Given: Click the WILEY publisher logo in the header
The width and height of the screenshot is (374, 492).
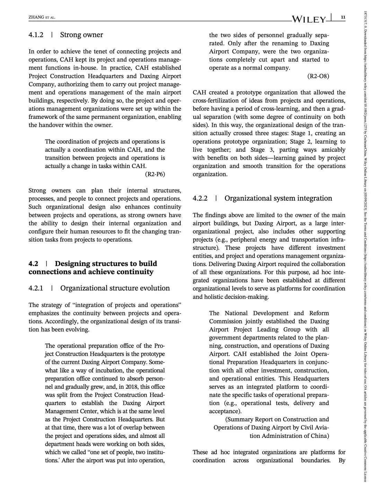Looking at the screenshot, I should [309, 19].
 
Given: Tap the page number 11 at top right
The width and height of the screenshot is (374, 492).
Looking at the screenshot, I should [343, 17].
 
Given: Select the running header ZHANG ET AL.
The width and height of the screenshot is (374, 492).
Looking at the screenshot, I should [42, 17].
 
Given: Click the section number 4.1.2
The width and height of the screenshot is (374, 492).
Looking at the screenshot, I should [36, 35].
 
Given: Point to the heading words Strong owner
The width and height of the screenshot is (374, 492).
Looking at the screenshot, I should [81, 35].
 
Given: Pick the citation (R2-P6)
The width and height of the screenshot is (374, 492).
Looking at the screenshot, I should [155, 174].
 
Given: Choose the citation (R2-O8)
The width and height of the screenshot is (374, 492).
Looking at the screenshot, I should [318, 76].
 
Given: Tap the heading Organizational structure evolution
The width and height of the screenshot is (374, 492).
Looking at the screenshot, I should [115, 288].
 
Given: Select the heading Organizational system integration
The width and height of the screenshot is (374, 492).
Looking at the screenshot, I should [278, 199].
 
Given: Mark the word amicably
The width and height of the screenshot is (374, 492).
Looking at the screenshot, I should [333, 150].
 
